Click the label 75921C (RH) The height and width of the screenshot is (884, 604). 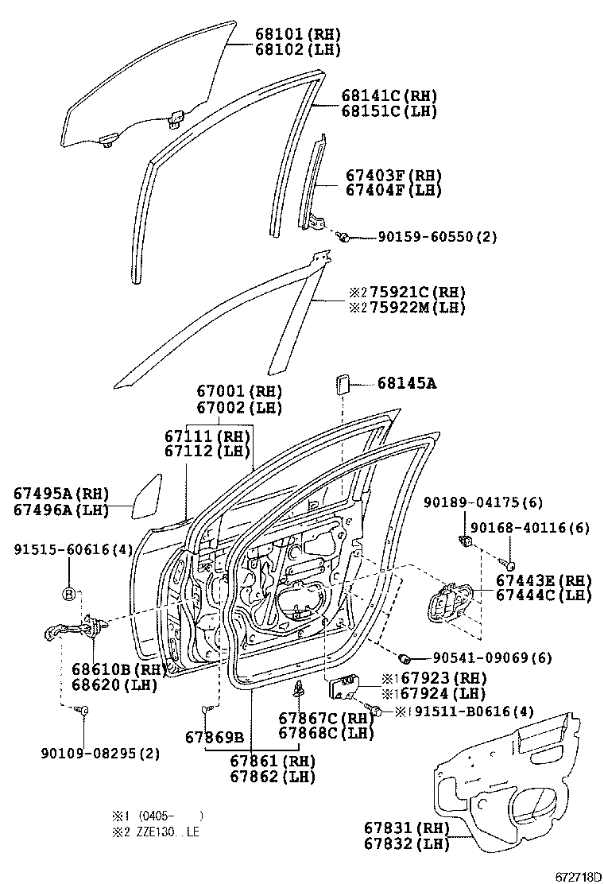click(406, 292)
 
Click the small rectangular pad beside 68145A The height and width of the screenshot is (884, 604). click(343, 384)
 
